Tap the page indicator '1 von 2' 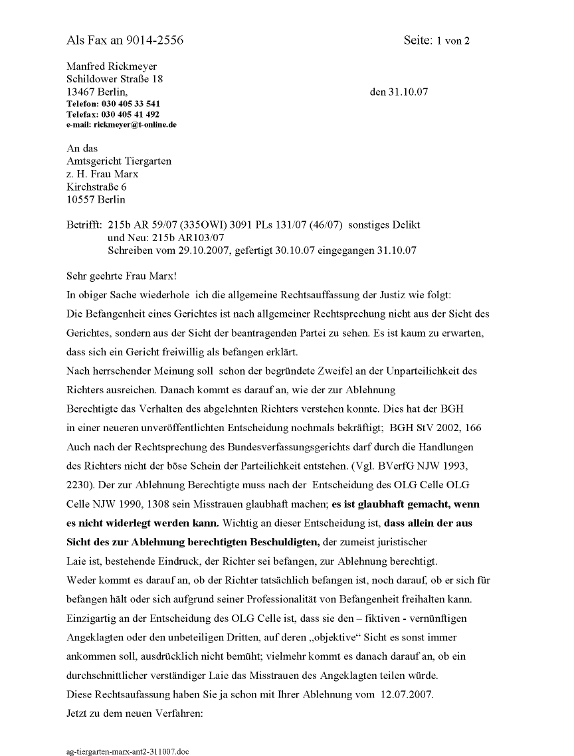tap(453, 41)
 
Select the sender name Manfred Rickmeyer tap(112, 66)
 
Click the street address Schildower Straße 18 tap(115, 79)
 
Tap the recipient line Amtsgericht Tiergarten tap(119, 161)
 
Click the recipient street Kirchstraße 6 tap(97, 187)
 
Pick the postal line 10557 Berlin tap(96, 199)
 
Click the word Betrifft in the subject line tap(84, 225)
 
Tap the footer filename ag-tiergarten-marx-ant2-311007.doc tap(128, 751)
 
